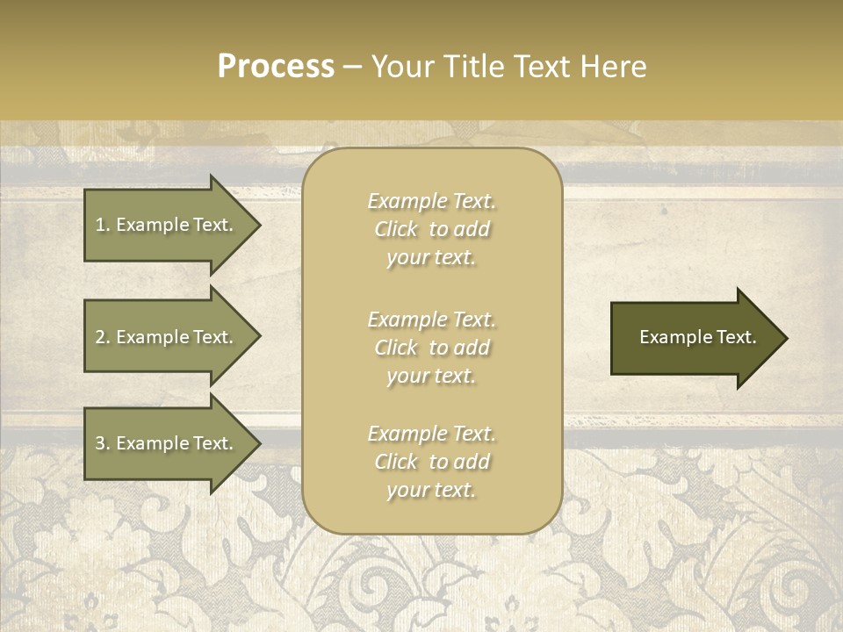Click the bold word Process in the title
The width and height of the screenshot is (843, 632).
pos(276,67)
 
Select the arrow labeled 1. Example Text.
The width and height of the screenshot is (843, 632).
pos(167,225)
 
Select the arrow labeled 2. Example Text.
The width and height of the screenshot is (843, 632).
pos(167,337)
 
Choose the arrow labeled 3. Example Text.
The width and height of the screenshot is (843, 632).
pos(167,443)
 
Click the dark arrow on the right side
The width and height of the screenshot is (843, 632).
pos(694,338)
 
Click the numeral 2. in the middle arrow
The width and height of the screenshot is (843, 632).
pos(103,337)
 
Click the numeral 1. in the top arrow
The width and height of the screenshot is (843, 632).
pos(103,225)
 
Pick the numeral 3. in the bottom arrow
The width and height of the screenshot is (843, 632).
pos(103,443)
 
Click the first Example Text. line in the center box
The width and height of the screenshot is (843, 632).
pos(431,201)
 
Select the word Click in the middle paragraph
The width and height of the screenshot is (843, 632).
pos(395,348)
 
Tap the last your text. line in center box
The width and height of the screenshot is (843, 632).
pos(431,490)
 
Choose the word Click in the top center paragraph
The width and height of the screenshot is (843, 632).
pos(395,229)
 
